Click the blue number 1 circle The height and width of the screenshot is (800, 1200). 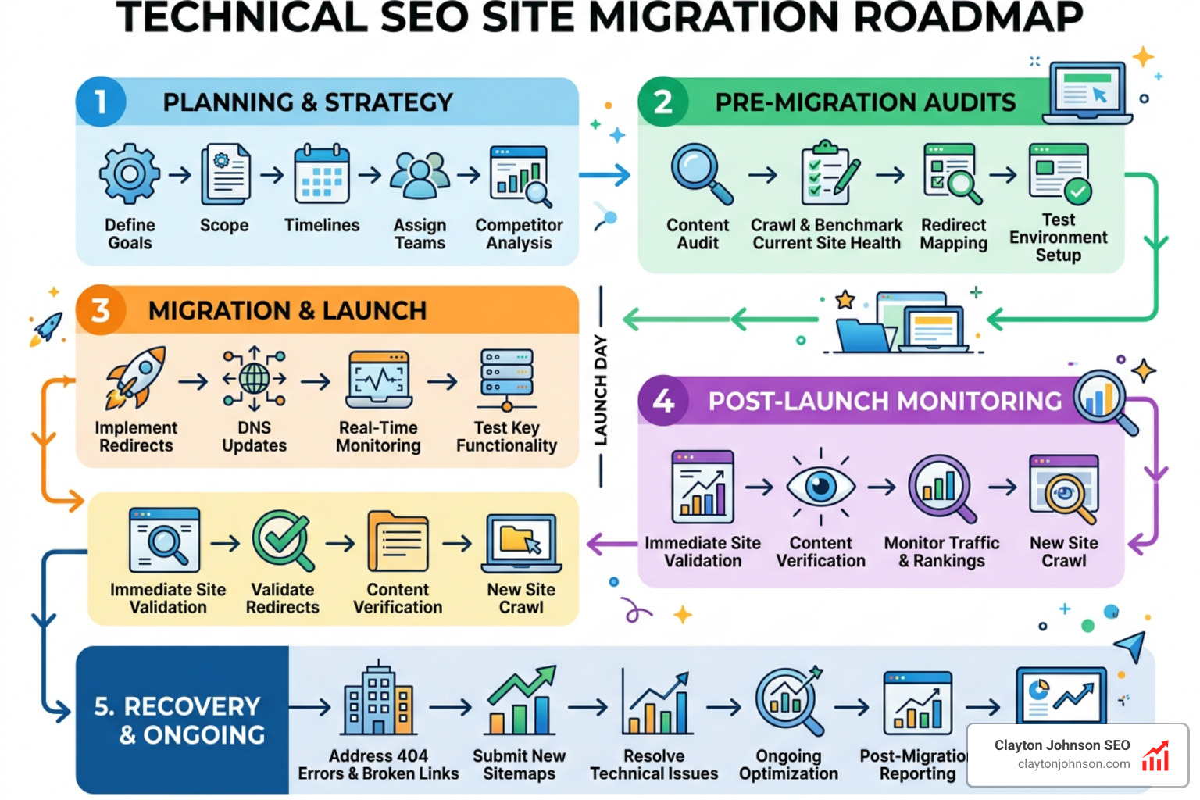pyautogui.click(x=101, y=102)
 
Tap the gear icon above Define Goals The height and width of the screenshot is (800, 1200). pyautogui.click(x=130, y=173)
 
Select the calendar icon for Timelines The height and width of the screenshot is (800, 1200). pyautogui.click(x=322, y=174)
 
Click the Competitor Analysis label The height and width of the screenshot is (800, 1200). pyautogui.click(x=519, y=234)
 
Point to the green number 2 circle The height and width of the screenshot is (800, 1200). pyautogui.click(x=662, y=102)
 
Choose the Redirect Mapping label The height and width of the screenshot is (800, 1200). pyautogui.click(x=953, y=234)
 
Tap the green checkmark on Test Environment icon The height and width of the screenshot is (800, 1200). pyautogui.click(x=1078, y=191)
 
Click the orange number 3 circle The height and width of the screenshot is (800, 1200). pyautogui.click(x=101, y=310)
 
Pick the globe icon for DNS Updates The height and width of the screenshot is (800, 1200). pyautogui.click(x=255, y=379)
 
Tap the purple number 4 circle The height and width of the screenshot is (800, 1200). pyautogui.click(x=662, y=401)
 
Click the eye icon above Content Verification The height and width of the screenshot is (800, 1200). pyautogui.click(x=820, y=487)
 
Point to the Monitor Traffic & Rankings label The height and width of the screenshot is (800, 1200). pyautogui.click(x=941, y=552)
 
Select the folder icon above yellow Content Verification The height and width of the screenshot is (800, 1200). pyautogui.click(x=398, y=541)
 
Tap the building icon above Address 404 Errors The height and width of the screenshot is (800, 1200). pyautogui.click(x=379, y=700)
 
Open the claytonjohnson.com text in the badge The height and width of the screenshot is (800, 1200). pyautogui.click(x=1073, y=764)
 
